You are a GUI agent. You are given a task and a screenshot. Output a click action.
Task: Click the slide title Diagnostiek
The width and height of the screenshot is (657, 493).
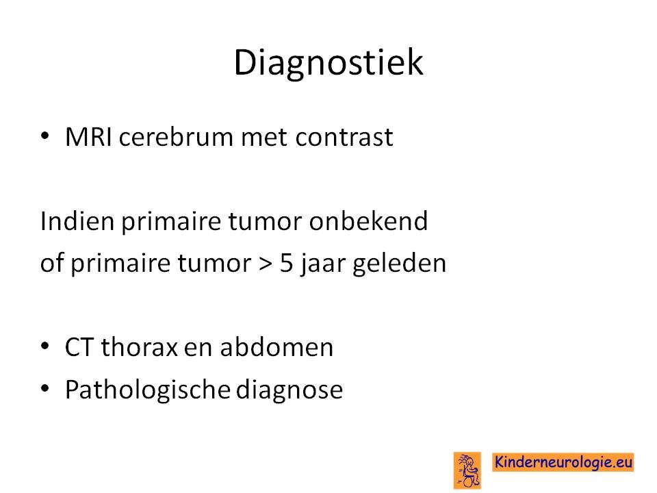[328, 63]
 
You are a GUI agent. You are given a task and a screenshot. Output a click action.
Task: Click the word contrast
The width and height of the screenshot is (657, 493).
[344, 137]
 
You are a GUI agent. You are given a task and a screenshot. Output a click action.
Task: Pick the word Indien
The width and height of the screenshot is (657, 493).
[77, 220]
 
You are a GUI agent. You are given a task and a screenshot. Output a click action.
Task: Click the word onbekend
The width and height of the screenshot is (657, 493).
[368, 220]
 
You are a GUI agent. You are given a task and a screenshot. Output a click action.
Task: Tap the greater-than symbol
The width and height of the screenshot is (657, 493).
[265, 264]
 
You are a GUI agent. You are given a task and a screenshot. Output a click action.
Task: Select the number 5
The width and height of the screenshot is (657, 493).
[286, 263]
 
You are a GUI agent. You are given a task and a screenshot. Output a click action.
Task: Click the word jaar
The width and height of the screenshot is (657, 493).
[322, 264]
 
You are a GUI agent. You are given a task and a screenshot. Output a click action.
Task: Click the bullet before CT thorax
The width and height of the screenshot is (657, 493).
[45, 346]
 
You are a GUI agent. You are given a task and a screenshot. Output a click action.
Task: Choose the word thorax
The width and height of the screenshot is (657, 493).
[139, 347]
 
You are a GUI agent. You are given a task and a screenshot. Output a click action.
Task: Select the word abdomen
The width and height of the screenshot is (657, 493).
[276, 347]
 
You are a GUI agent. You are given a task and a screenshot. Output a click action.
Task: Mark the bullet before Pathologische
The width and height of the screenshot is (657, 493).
[45, 388]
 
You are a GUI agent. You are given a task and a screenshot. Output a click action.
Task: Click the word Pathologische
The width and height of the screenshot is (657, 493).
[148, 390]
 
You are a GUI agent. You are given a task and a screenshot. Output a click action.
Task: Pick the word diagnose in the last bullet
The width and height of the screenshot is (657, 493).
[289, 390]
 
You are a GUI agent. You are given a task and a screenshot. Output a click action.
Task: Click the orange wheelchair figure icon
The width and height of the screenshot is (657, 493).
[467, 470]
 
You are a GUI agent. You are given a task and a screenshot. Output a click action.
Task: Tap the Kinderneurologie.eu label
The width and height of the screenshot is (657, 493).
[563, 462]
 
